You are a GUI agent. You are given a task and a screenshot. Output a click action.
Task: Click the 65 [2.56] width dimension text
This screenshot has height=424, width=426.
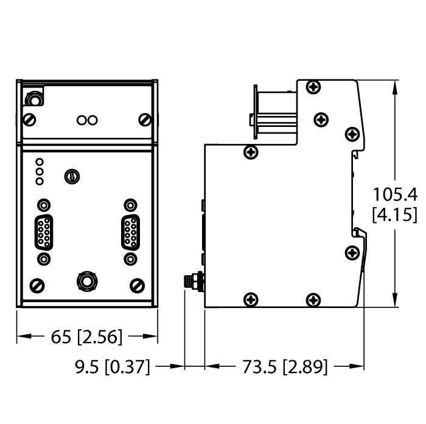point(87,336)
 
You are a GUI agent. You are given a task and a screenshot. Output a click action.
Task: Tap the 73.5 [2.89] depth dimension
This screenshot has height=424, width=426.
point(285,366)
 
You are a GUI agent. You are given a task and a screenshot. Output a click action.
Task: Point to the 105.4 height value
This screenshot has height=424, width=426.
point(394,194)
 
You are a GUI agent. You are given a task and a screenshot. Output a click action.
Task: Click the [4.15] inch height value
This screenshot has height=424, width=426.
point(394,214)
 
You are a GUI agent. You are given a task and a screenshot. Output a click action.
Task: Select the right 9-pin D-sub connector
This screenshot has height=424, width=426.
point(130,232)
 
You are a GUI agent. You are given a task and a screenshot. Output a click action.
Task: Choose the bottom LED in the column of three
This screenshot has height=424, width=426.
point(40,181)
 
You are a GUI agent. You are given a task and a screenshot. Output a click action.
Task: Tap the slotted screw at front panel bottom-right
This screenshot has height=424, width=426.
point(137,284)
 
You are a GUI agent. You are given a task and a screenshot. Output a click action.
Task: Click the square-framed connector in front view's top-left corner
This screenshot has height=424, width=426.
point(34,98)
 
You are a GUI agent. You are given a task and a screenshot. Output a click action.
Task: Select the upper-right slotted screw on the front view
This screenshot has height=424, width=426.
point(144,118)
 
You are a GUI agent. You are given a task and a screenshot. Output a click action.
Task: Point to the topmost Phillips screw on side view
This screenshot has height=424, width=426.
point(313,87)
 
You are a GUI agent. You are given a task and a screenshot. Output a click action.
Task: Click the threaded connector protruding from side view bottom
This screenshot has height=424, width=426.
point(195,282)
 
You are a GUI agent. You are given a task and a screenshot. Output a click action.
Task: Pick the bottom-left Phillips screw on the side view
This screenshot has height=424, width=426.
point(250,298)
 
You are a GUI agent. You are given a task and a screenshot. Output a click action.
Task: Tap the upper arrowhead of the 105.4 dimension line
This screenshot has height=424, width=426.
point(396,87)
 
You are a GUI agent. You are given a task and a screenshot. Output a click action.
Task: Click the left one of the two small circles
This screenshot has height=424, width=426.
point(82,120)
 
